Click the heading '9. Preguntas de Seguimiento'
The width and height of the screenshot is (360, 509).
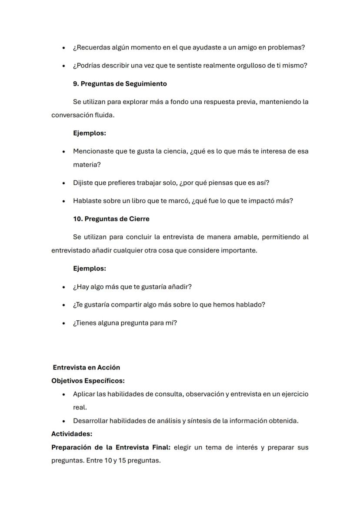(120, 83)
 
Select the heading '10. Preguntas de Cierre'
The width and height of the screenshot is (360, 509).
(111, 219)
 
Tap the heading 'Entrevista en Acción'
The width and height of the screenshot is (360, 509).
(86, 367)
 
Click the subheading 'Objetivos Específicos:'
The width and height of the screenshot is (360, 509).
(88, 381)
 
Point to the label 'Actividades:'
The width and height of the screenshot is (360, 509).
(72, 434)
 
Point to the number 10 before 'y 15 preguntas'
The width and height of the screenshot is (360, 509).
(108, 460)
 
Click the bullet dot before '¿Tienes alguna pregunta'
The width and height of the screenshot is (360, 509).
(64, 323)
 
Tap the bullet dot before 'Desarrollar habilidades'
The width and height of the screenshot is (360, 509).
(64, 421)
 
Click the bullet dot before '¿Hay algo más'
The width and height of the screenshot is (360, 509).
(64, 287)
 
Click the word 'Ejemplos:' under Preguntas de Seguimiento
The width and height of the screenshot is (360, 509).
(90, 133)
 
